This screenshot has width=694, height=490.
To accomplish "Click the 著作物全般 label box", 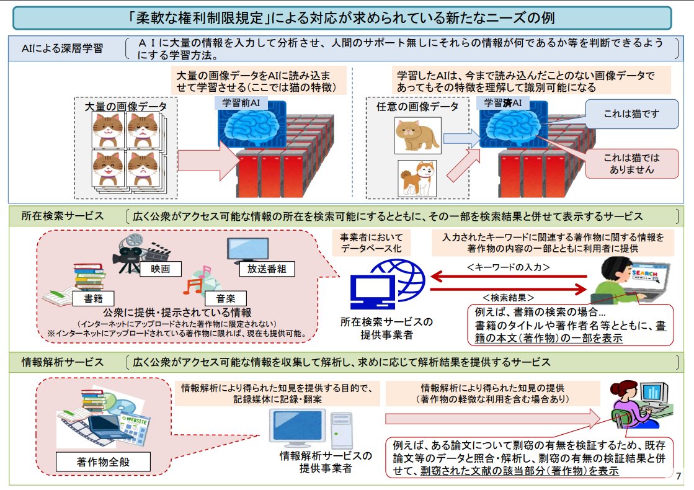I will pos(104,462).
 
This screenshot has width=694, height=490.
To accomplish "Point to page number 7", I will pos(678,476).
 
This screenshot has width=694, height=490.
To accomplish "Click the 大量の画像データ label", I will pos(126,107).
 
